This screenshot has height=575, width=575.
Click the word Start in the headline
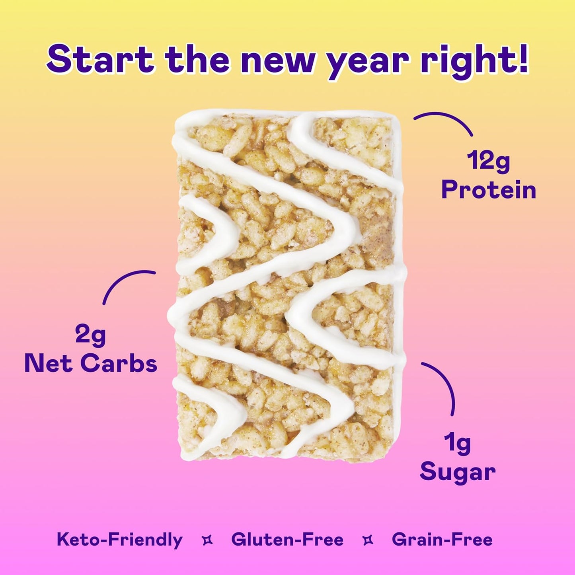[x=100, y=60]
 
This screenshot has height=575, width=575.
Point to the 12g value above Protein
[x=488, y=162]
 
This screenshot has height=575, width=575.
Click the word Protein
[x=489, y=190]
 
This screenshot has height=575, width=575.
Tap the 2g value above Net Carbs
[x=91, y=335]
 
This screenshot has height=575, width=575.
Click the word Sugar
[x=458, y=472]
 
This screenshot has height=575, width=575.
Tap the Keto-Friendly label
[x=119, y=540]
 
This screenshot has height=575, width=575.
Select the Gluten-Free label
[x=287, y=540]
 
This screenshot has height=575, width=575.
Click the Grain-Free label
[x=442, y=540]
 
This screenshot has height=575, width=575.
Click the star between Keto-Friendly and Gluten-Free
[x=207, y=540]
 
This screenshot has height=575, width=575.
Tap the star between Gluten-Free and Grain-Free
[x=368, y=540]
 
